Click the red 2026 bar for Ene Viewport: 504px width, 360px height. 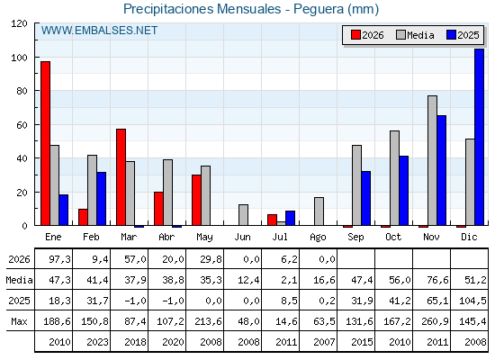pyautogui.click(x=45, y=143)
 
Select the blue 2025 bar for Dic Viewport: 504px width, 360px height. pyautogui.click(x=479, y=137)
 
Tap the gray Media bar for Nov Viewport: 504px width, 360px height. pyautogui.click(x=432, y=161)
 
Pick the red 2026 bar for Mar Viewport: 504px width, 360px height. pyautogui.click(x=121, y=177)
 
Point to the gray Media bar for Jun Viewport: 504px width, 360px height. pyautogui.click(x=243, y=215)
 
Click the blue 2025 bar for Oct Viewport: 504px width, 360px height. pyautogui.click(x=404, y=191)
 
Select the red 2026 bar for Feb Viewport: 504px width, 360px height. pyautogui.click(x=83, y=217)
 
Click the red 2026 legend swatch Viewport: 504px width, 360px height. pyautogui.click(x=355, y=35)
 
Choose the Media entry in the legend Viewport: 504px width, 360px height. pyautogui.click(x=416, y=35)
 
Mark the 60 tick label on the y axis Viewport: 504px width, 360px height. pyautogui.click(x=22, y=125)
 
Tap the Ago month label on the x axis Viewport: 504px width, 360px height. pyautogui.click(x=318, y=238)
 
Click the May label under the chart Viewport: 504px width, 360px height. pyautogui.click(x=204, y=238)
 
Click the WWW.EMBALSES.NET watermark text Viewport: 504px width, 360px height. pyautogui.click(x=99, y=31)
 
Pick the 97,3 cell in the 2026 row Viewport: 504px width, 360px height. pyautogui.click(x=59, y=259)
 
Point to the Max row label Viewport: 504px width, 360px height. pyautogui.click(x=19, y=321)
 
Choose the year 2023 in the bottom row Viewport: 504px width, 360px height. pyautogui.click(x=97, y=342)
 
